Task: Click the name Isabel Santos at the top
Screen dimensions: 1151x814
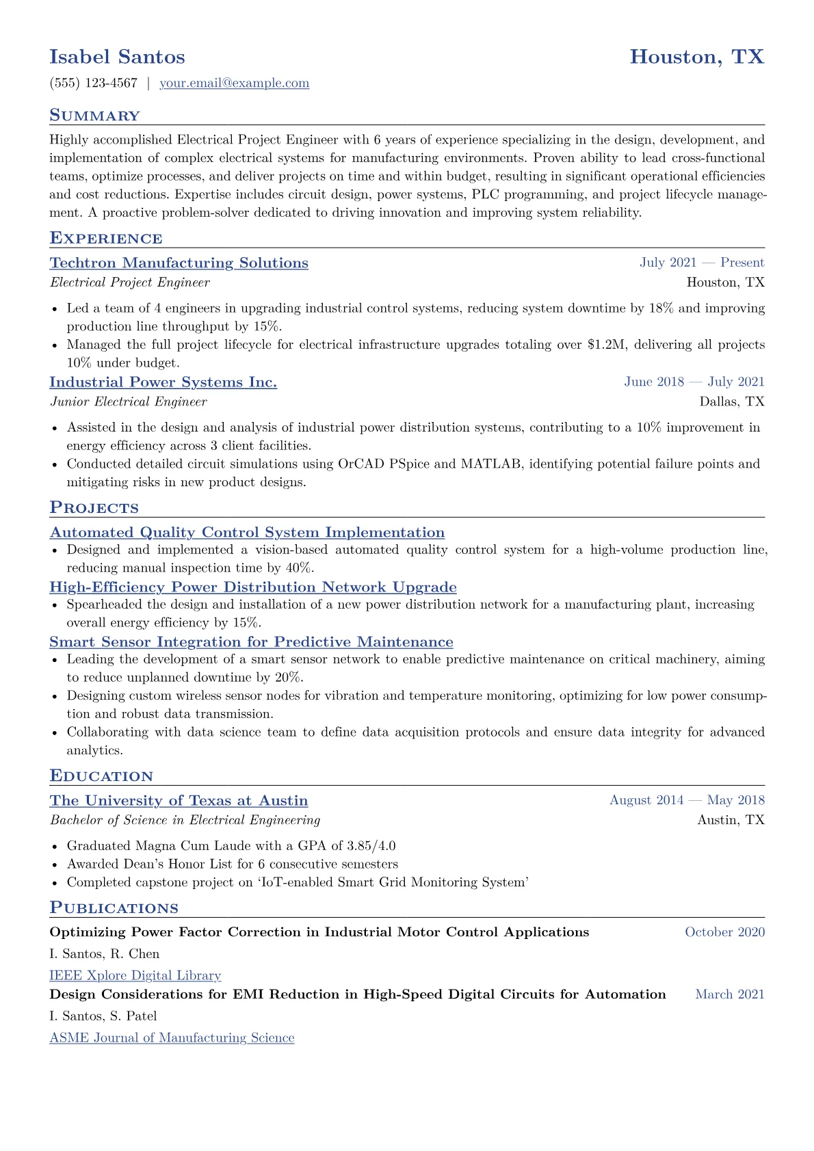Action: tap(117, 57)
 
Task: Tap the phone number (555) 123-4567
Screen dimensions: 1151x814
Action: tap(93, 83)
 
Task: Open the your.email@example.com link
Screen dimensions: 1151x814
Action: tap(234, 83)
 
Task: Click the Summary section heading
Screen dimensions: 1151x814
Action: tap(94, 116)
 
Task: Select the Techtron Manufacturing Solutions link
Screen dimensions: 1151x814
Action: tap(179, 263)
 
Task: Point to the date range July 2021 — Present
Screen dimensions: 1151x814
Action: tap(702, 263)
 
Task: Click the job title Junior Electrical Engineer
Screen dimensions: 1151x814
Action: tap(128, 402)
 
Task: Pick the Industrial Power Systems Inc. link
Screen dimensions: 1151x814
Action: tap(163, 382)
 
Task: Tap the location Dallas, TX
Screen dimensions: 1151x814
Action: tap(732, 402)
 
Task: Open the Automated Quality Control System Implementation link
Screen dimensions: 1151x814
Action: tap(247, 533)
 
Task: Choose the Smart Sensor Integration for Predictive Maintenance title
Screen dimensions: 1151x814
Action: tap(251, 642)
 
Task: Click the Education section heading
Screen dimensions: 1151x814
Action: tap(101, 776)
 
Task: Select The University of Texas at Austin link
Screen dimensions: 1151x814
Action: tap(179, 801)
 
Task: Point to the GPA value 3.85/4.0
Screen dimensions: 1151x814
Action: tap(371, 846)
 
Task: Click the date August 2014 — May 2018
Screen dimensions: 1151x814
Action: tap(687, 800)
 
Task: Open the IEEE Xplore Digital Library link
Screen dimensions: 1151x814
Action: tap(135, 976)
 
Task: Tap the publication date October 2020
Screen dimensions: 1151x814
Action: tap(724, 932)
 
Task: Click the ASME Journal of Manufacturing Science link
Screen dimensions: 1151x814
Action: tap(172, 1038)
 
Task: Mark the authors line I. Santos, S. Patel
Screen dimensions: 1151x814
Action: tap(103, 1016)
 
